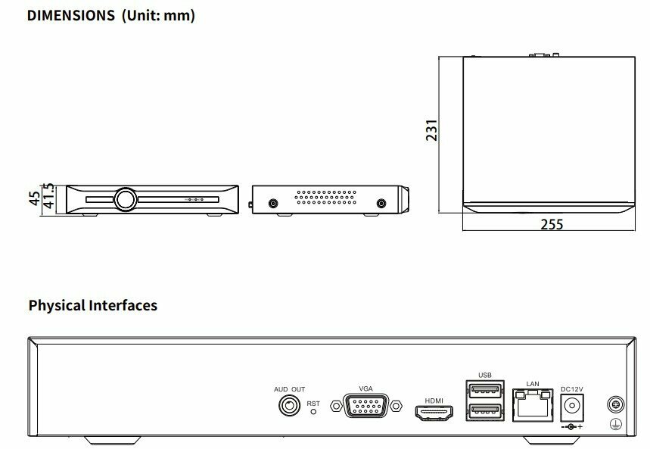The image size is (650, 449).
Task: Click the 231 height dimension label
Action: pos(432,131)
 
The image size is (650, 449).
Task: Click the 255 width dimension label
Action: pos(552,224)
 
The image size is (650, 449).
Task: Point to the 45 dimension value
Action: pos(34,199)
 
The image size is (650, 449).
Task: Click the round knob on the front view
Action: pos(125,199)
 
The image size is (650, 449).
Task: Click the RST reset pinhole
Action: pos(313,413)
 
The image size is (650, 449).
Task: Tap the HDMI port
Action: pos(434,412)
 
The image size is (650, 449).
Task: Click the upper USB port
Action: pos(485,391)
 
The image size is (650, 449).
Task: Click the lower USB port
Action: pos(485,411)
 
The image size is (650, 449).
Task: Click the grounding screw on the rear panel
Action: pos(615,406)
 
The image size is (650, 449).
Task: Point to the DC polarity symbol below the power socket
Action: pos(571,428)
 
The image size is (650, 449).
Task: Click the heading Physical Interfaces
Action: pos(93,306)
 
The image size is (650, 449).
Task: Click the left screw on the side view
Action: pos(272,203)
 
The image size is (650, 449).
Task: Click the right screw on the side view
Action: pos(381,203)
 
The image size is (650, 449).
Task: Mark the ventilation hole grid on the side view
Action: pos(326,198)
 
